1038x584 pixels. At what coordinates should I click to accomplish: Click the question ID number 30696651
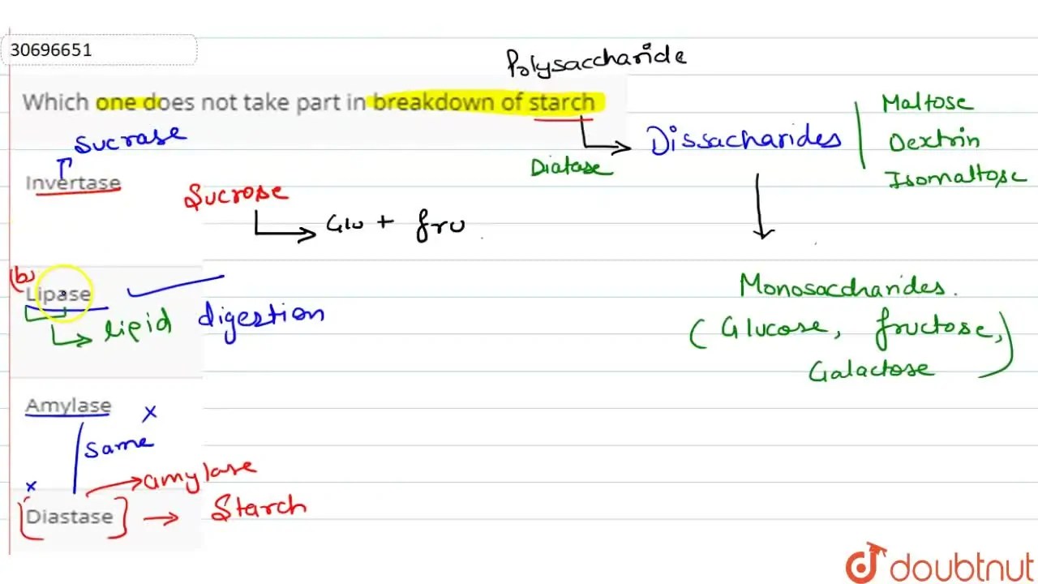tap(51, 49)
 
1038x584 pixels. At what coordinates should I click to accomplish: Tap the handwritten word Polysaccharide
tap(596, 61)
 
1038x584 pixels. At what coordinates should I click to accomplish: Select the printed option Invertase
tap(73, 182)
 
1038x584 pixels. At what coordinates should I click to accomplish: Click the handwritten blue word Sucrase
tap(131, 139)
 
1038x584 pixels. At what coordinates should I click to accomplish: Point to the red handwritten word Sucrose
tap(236, 195)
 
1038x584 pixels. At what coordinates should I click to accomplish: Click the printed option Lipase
tap(58, 294)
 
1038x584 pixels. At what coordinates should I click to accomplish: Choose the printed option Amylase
tap(68, 405)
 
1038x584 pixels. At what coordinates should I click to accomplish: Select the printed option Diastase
tap(70, 517)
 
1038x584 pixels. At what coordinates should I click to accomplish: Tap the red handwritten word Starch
tap(259, 507)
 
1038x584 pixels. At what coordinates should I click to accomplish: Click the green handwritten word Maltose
tap(927, 102)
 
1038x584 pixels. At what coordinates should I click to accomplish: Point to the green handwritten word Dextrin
tap(933, 140)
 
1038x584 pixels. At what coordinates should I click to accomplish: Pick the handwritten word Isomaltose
tap(956, 179)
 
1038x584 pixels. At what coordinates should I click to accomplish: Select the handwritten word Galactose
tap(870, 371)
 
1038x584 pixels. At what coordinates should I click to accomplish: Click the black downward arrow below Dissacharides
tap(759, 207)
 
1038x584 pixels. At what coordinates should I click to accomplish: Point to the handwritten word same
tap(118, 446)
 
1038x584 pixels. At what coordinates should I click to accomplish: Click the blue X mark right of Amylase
tap(150, 412)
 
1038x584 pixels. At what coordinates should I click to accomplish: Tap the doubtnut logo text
tap(962, 567)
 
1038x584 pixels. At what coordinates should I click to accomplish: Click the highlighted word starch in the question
tap(562, 102)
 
